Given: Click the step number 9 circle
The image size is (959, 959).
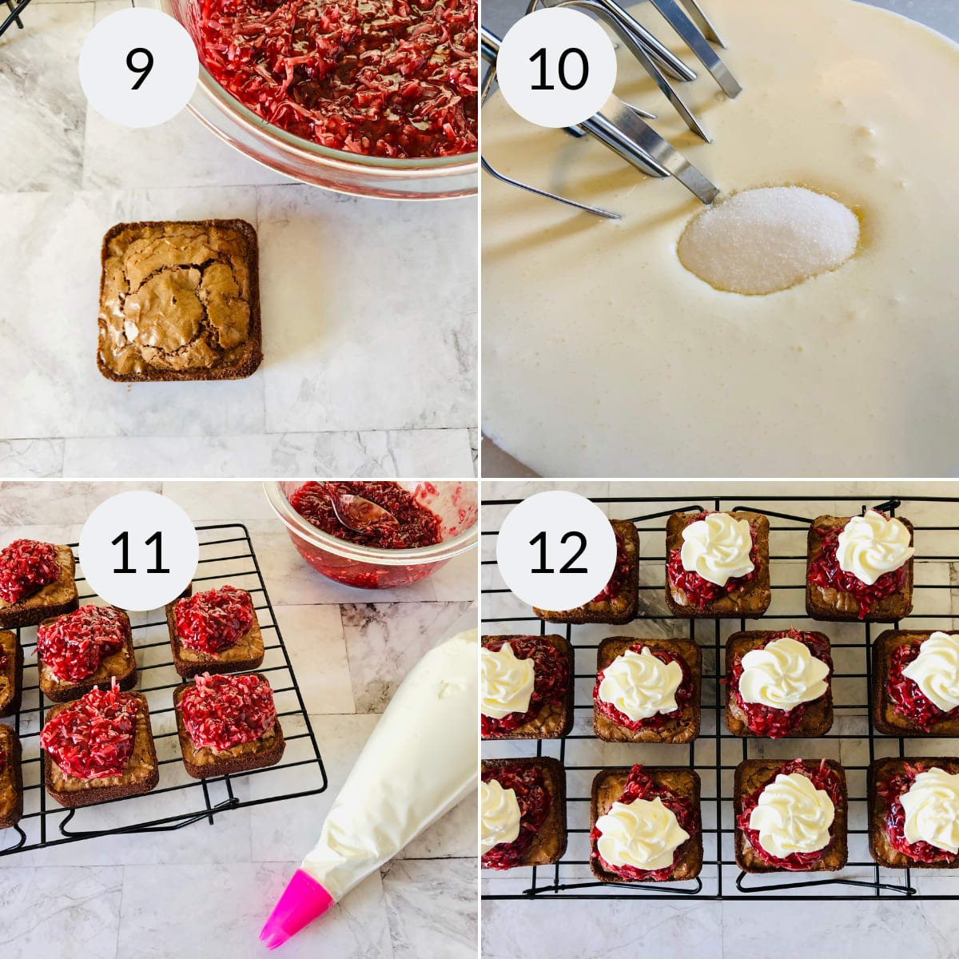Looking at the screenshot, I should coord(138,67).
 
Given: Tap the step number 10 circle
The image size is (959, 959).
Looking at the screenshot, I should coord(557,67).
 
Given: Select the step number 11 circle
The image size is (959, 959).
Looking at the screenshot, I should coord(138,551).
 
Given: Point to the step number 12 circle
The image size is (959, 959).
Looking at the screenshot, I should coord(557,551).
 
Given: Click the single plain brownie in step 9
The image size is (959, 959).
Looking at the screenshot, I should coord(180,300).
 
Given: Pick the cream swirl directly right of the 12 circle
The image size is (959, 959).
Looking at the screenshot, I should coord(717,547).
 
